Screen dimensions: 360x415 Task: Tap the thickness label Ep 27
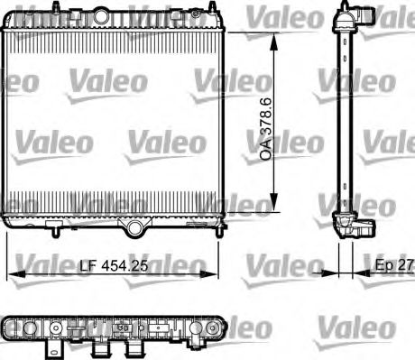pos(392,267)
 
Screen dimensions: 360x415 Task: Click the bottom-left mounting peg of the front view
pos(57,232)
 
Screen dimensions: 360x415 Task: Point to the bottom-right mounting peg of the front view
pos(216,232)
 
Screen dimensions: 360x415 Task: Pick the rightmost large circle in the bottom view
pos(213,327)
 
